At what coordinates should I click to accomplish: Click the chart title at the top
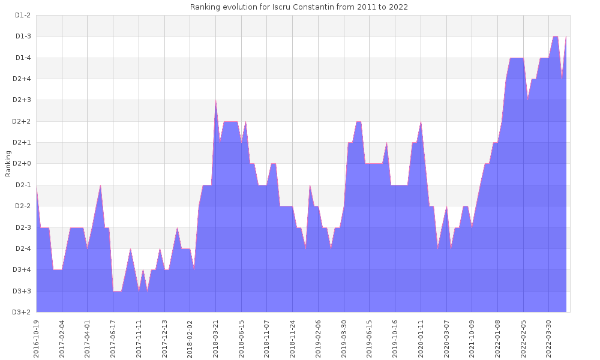pyautogui.click(x=299, y=7)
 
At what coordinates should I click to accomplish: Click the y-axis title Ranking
pyautogui.click(x=8, y=164)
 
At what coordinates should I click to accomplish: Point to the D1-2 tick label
pyautogui.click(x=22, y=15)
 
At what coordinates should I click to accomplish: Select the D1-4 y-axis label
pyautogui.click(x=22, y=58)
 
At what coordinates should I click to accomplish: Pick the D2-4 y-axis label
pyautogui.click(x=22, y=248)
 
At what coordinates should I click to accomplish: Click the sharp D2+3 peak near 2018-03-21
pyautogui.click(x=215, y=101)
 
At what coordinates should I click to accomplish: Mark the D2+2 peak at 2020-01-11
pyautogui.click(x=421, y=122)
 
